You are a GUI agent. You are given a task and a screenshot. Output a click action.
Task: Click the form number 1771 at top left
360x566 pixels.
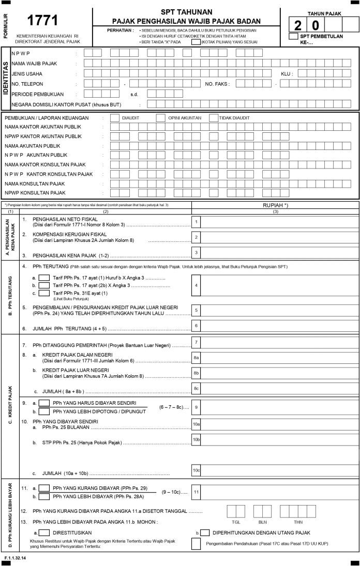[x=42, y=20]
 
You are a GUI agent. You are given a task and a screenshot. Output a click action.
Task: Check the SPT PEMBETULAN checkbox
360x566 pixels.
[x=294, y=36]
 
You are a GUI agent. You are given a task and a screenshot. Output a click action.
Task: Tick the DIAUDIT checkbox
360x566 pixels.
[x=115, y=118]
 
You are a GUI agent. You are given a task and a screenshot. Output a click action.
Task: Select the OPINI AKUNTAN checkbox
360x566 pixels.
[x=161, y=118]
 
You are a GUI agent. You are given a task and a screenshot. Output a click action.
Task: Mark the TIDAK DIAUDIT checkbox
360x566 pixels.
[x=214, y=118]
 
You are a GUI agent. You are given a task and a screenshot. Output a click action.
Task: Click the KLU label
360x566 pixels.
[x=287, y=73]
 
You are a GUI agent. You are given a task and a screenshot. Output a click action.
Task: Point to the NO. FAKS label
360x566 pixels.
[x=218, y=83]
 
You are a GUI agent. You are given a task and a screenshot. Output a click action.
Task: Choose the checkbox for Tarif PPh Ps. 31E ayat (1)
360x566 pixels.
[x=44, y=293]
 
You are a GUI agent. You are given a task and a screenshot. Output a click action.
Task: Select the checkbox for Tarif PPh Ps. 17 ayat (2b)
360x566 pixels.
[x=44, y=285]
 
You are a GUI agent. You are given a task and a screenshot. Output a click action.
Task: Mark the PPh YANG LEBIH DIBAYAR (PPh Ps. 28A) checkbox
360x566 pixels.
[x=45, y=497]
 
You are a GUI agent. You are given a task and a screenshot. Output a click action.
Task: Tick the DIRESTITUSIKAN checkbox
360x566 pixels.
[x=44, y=532]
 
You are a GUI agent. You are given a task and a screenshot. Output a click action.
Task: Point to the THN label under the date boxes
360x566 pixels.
[x=298, y=522]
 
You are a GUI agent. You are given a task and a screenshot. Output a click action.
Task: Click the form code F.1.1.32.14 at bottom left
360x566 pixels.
[x=15, y=559]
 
